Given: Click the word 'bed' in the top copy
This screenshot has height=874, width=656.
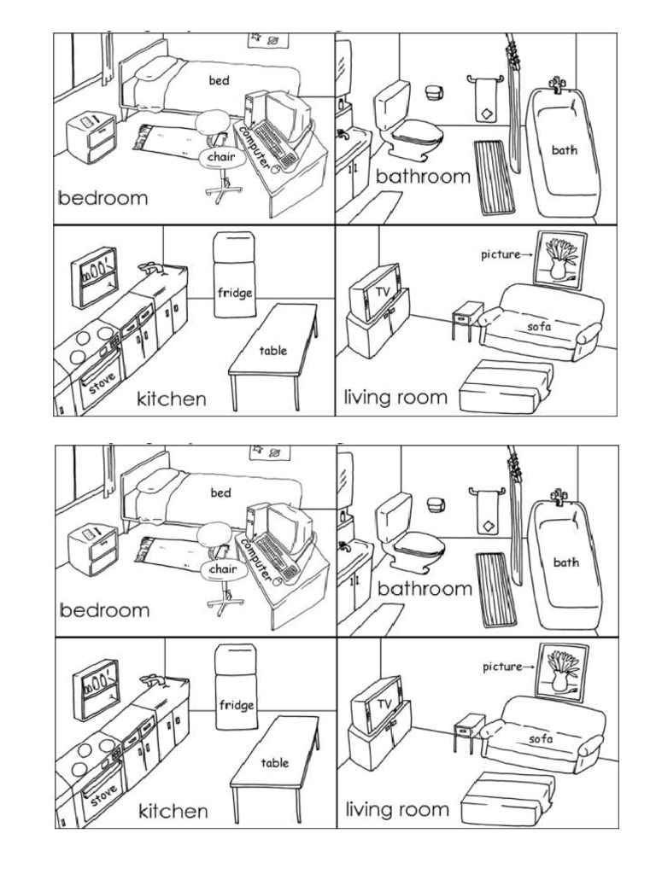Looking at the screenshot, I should pyautogui.click(x=221, y=80).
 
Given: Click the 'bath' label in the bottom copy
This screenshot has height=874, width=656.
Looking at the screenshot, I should pyautogui.click(x=565, y=562).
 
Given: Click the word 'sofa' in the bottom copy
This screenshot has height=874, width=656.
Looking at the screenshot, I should pyautogui.click(x=540, y=738).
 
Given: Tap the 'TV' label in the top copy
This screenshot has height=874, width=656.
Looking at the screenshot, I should pyautogui.click(x=380, y=291).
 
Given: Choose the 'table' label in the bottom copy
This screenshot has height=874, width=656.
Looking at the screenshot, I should pyautogui.click(x=274, y=763).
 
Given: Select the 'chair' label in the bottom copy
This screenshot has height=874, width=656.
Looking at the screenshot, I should pyautogui.click(x=221, y=568).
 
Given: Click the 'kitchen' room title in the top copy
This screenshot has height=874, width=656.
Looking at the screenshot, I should pyautogui.click(x=172, y=399).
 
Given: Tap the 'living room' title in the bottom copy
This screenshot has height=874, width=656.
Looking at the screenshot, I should pyautogui.click(x=396, y=809).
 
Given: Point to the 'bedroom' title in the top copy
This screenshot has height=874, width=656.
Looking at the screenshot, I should pyautogui.click(x=102, y=198).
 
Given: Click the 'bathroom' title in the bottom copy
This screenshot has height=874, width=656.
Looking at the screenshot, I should pyautogui.click(x=425, y=589).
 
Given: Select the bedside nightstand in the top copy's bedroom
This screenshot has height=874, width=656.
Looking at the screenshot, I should pyautogui.click(x=91, y=137).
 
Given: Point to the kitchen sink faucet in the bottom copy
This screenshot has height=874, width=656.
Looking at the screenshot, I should pyautogui.click(x=152, y=680).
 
